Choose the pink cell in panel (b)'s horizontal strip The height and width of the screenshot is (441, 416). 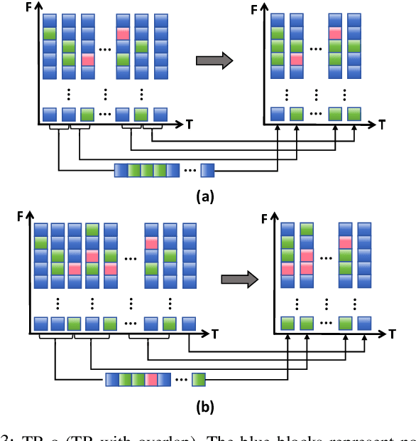click(151, 379)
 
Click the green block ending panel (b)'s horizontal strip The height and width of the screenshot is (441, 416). click(199, 379)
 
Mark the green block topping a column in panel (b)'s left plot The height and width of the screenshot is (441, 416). click(92, 230)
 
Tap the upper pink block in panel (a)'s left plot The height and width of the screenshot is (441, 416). click(123, 33)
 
